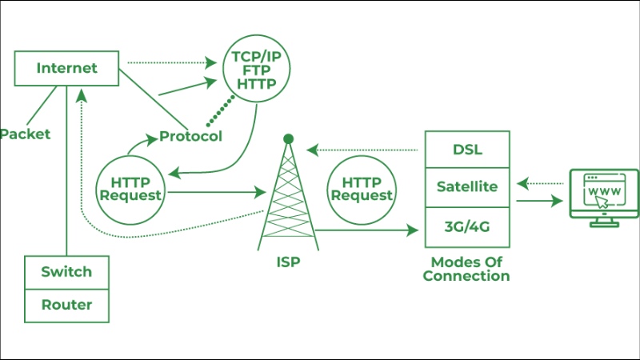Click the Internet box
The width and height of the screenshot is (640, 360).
(x=66, y=68)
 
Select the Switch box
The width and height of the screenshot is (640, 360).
(x=66, y=272)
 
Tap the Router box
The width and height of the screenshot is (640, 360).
(x=66, y=305)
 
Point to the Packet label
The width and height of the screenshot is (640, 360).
(x=25, y=134)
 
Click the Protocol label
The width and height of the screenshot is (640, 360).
(x=190, y=136)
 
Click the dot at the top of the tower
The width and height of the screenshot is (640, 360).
(x=288, y=139)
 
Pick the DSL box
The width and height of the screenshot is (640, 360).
(x=468, y=150)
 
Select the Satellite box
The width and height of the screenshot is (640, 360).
(x=468, y=187)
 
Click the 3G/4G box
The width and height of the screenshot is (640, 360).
(x=468, y=227)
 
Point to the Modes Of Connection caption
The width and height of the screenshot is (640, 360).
(x=466, y=269)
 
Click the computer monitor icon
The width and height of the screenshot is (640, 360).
(x=602, y=197)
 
